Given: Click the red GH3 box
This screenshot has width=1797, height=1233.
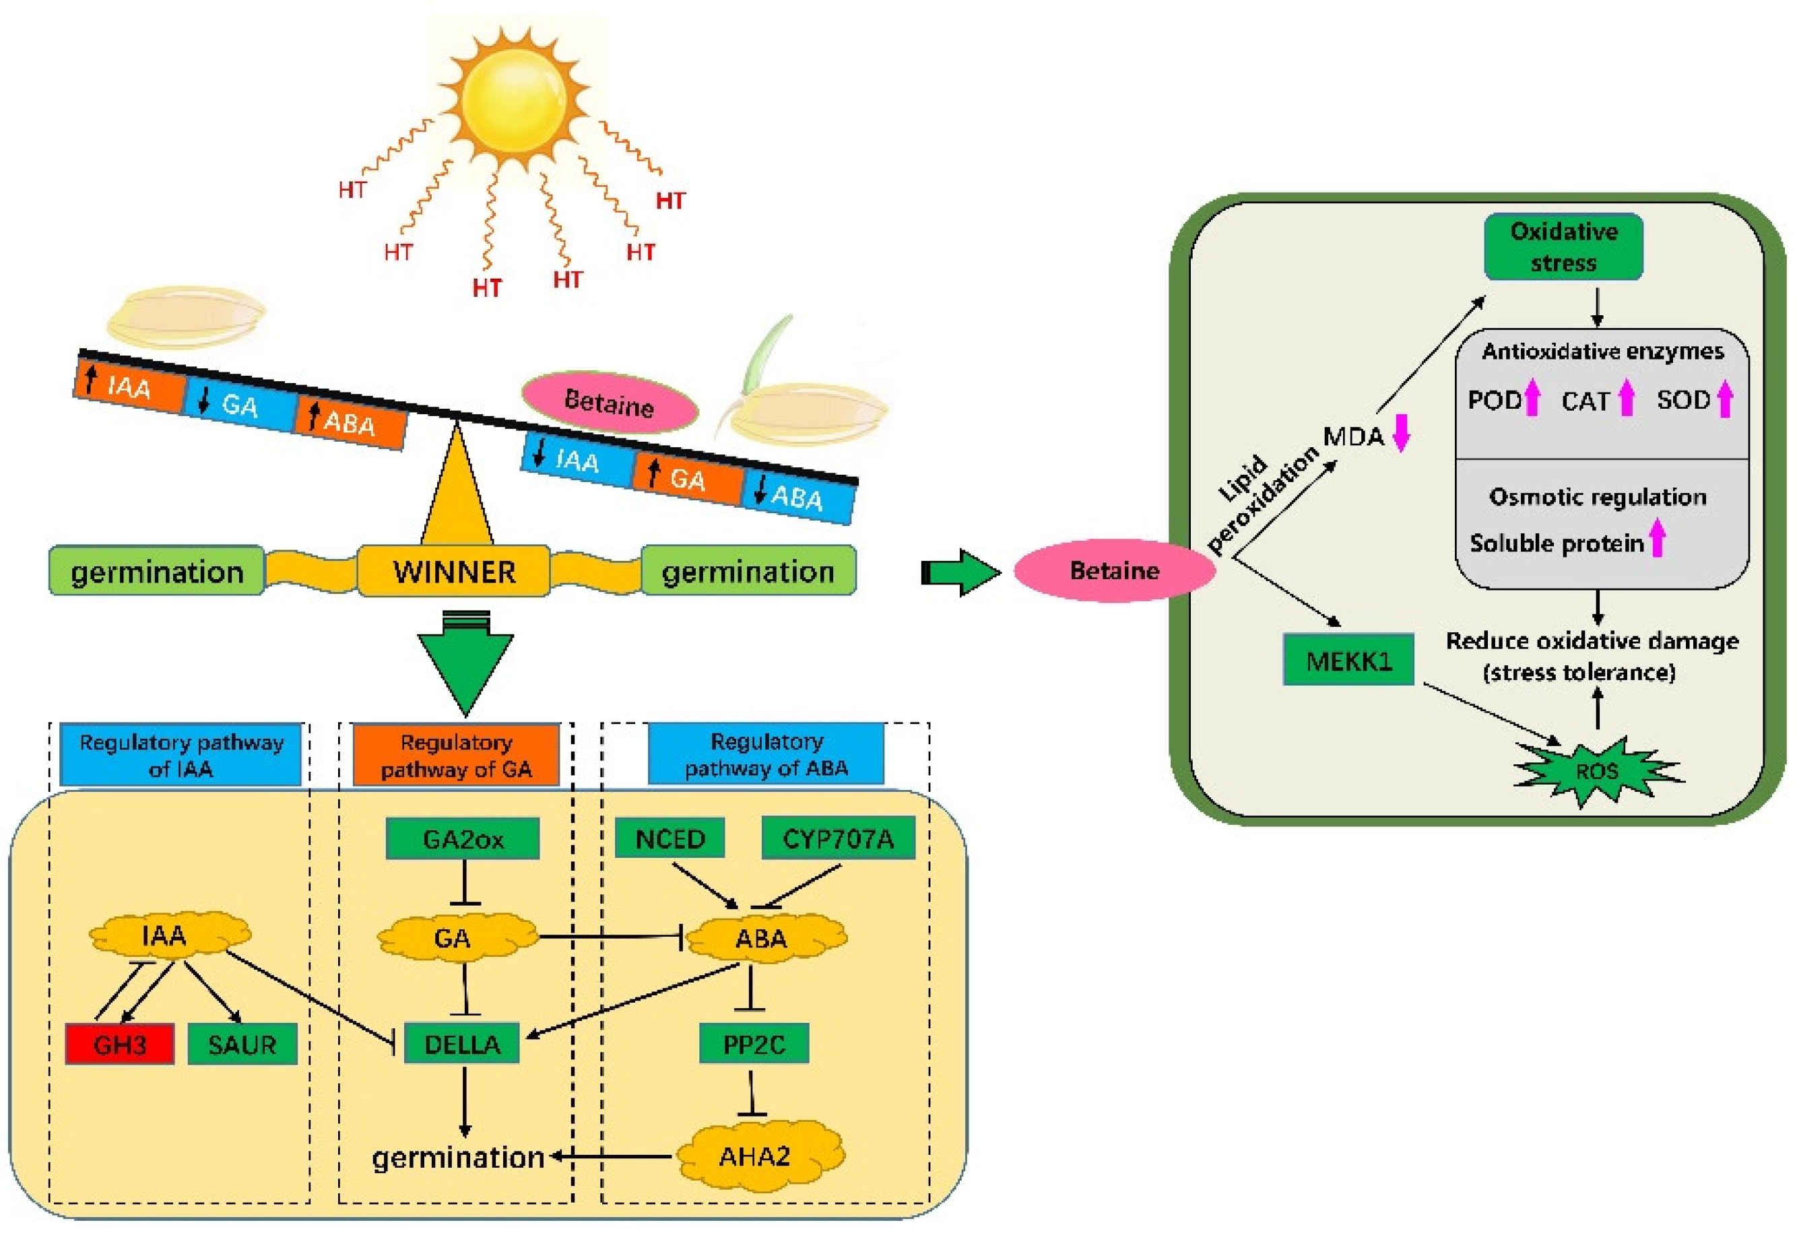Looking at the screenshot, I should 120,1044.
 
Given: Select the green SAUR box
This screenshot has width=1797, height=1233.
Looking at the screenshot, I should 242,1044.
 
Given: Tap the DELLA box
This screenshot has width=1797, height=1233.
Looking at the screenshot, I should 463,1044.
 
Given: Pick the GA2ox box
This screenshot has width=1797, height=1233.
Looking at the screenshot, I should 463,839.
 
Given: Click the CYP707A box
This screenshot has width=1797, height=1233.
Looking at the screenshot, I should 838,839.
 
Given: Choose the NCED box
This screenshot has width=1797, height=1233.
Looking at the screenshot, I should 669,839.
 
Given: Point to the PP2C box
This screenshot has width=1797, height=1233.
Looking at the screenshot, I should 754,1044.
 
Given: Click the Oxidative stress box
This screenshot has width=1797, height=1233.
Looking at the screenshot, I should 1563,246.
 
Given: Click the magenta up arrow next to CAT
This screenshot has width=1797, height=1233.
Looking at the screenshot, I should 1626,397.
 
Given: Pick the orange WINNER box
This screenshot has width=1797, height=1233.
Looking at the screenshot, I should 454,571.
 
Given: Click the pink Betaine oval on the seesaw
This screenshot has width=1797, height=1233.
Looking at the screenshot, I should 610,402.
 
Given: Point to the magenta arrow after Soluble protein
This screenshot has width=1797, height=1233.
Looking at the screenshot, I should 1657,539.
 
